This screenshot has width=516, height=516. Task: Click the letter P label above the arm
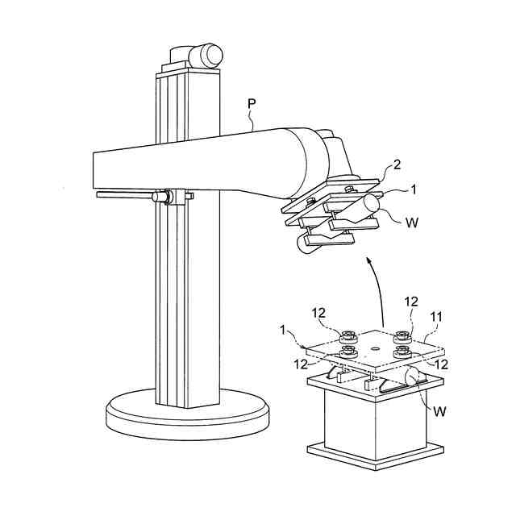coord(251,106)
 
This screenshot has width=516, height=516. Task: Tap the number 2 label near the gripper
coord(396,165)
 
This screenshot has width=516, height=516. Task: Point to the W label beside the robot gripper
coord(412,221)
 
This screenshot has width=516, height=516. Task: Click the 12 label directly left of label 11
coord(411,302)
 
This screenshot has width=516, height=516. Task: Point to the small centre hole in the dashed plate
coord(375,349)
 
